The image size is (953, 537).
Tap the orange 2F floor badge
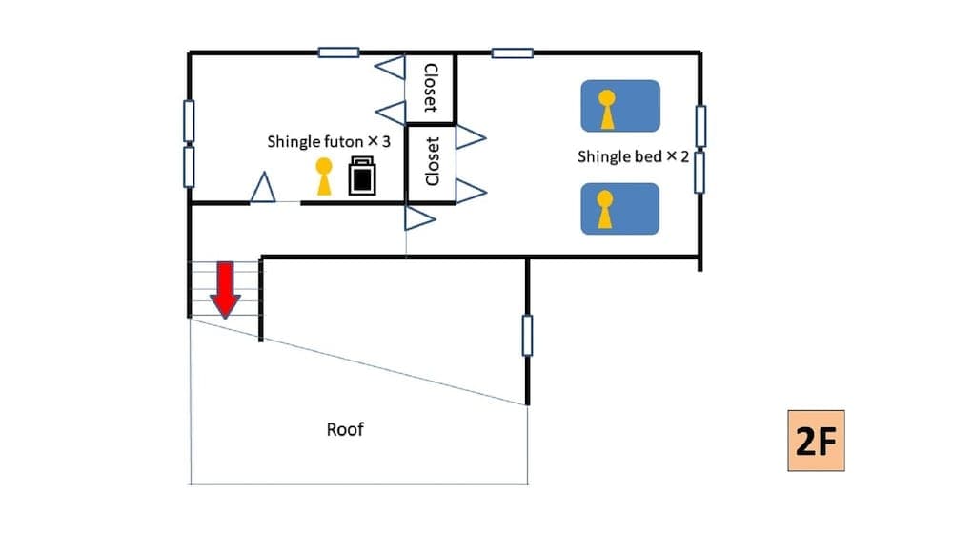816,441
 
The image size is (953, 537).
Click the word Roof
345,429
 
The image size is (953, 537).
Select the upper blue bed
620,106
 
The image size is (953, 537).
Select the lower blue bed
620,209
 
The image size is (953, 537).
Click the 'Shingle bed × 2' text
633,156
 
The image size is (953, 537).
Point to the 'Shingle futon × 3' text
329,141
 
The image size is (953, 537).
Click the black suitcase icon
362,176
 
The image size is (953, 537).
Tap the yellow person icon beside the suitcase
324,177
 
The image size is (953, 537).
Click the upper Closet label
431,88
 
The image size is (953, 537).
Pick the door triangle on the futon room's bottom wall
263,189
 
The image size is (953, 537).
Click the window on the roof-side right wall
527,336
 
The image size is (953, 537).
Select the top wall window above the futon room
338,52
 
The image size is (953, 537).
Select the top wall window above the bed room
512,52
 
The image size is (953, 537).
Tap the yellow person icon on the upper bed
606,109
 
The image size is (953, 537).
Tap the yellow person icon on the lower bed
604,211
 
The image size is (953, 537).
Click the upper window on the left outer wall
189,121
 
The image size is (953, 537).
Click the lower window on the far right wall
700,172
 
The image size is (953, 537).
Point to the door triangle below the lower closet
419,218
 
